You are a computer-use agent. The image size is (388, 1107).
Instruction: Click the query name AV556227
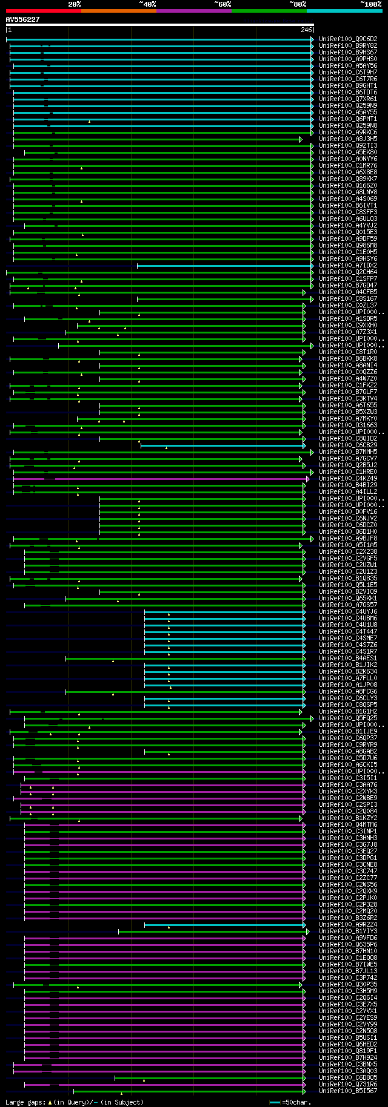pyautogui.click(x=22, y=19)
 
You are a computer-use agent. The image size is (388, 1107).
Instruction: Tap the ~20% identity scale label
pyautogui.click(x=74, y=4)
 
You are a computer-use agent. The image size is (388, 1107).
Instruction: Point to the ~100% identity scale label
pyautogui.click(x=370, y=4)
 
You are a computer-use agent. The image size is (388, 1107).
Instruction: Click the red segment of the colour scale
pyautogui.click(x=43, y=10)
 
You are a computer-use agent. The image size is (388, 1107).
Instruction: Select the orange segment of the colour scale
pyautogui.click(x=118, y=10)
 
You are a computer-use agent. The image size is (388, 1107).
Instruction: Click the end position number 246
pyautogui.click(x=306, y=30)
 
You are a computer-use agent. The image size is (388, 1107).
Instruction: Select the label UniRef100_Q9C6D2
pyautogui.click(x=348, y=39)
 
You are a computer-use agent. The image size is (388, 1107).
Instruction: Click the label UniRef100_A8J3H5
pyautogui.click(x=348, y=139)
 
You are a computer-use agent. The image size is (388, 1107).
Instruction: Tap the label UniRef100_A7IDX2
pyautogui.click(x=348, y=266)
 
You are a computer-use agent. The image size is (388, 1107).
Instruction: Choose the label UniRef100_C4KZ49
pyautogui.click(x=348, y=479)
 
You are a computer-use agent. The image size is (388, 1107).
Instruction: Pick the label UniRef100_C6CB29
pyautogui.click(x=348, y=445)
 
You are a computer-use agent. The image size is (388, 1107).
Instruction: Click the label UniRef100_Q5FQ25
pyautogui.click(x=348, y=718)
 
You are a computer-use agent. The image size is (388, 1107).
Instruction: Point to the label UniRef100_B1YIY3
pyautogui.click(x=348, y=931)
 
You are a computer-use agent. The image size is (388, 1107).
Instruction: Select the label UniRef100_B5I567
pyautogui.click(x=348, y=1091)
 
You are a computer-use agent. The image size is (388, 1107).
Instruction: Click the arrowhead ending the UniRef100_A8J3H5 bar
pyautogui.click(x=300, y=139)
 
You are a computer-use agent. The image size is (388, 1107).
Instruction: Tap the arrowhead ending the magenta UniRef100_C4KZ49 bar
pyautogui.click(x=308, y=479)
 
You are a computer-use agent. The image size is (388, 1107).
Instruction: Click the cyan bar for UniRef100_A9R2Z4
pyautogui.click(x=224, y=925)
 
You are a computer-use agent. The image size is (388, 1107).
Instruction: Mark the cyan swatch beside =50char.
pyautogui.click(x=275, y=1102)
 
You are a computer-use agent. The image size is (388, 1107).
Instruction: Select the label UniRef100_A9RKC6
pyautogui.click(x=348, y=133)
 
